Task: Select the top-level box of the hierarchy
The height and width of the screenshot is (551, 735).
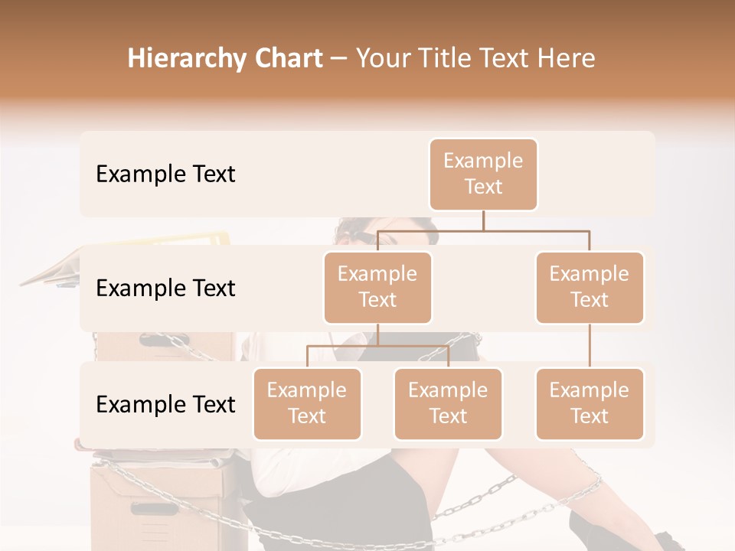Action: [x=483, y=174]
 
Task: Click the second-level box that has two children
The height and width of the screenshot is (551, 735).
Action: [x=377, y=287]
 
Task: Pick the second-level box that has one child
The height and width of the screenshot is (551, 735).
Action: [x=590, y=287]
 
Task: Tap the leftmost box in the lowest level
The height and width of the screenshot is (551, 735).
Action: [x=307, y=403]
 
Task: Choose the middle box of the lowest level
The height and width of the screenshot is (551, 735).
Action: [x=448, y=403]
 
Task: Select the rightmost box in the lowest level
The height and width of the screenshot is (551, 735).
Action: [x=590, y=403]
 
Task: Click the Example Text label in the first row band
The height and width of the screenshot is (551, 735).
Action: [x=165, y=174]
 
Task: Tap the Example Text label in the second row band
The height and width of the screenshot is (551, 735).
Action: [x=165, y=289]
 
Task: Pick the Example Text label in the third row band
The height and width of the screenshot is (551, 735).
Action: [x=165, y=404]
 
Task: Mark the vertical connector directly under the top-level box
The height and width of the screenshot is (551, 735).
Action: [x=483, y=220]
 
